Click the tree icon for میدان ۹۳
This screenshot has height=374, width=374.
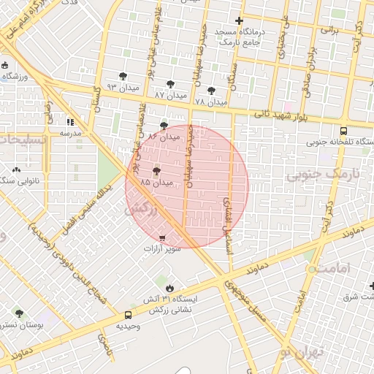(122, 76)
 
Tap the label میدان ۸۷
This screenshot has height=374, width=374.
(171, 95)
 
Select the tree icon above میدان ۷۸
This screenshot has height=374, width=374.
(212, 91)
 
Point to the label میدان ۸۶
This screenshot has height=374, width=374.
(164, 136)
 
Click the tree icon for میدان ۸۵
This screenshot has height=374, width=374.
(156, 171)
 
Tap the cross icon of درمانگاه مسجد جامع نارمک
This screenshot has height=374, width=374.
(239, 20)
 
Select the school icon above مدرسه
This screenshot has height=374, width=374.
(70, 123)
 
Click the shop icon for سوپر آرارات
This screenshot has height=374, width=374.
(161, 238)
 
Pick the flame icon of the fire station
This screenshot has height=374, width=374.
(170, 288)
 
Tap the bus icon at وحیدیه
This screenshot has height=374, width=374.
(118, 316)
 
